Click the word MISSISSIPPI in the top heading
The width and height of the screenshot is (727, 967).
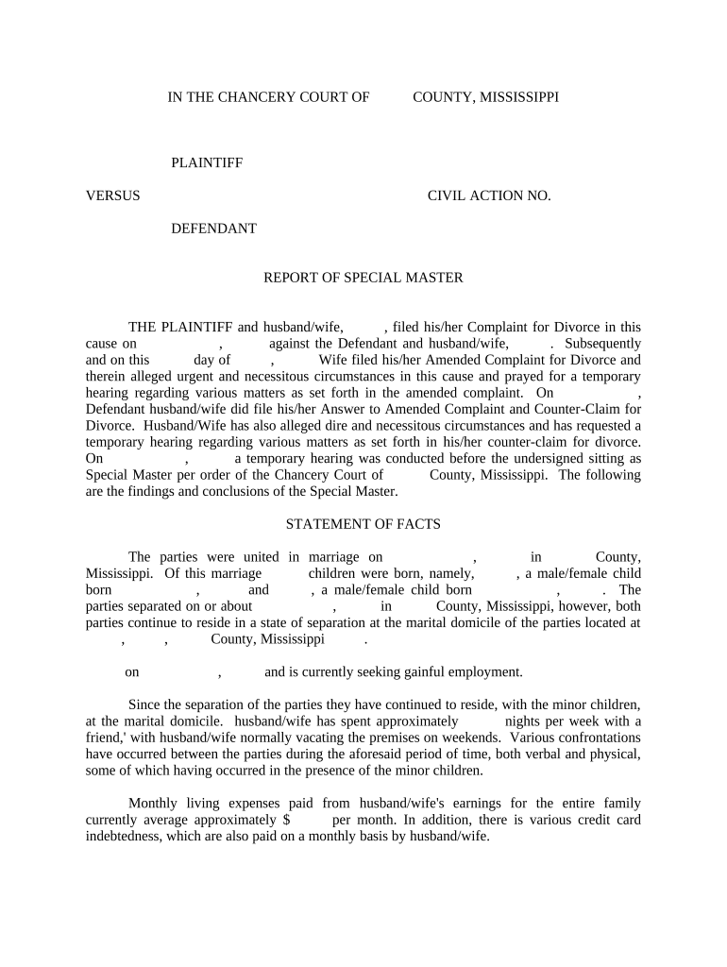tap(513, 97)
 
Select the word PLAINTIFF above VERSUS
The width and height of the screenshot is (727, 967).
tap(207, 163)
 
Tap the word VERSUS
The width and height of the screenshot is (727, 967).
tap(113, 195)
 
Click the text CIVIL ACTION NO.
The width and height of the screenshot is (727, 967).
tap(489, 195)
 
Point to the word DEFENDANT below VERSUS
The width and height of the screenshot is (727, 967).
tap(213, 228)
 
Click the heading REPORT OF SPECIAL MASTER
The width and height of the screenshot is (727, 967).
tap(363, 278)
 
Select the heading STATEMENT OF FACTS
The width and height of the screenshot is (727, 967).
tap(363, 524)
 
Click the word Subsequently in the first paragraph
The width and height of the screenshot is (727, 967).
tap(602, 344)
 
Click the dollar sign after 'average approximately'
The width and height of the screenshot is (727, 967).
tap(285, 820)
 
